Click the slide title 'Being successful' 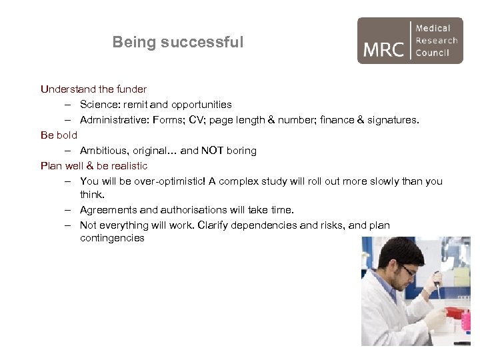[x=178, y=42]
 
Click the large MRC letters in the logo [x=384, y=49]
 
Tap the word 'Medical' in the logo [x=433, y=28]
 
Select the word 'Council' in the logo [x=433, y=53]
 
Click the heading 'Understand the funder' [x=93, y=89]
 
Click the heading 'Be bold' [x=59, y=135]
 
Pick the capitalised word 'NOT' [x=212, y=151]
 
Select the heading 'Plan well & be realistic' [x=94, y=165]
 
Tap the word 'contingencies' [x=112, y=238]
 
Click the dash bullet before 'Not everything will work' [x=69, y=225]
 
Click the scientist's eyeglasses [x=407, y=270]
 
